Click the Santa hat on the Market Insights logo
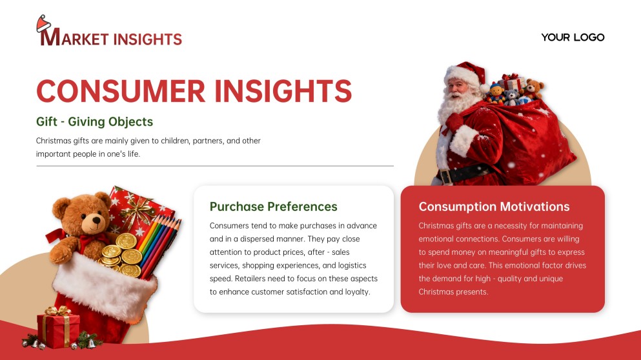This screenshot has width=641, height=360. click(x=43, y=24)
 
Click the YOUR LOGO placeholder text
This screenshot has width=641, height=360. click(x=573, y=37)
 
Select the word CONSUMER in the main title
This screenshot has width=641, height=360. click(x=121, y=91)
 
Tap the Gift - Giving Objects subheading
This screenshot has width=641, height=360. click(x=94, y=121)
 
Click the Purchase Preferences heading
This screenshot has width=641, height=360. click(x=273, y=206)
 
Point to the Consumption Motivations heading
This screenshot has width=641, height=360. click(x=494, y=206)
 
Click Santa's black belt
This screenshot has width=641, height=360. click(x=458, y=175)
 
